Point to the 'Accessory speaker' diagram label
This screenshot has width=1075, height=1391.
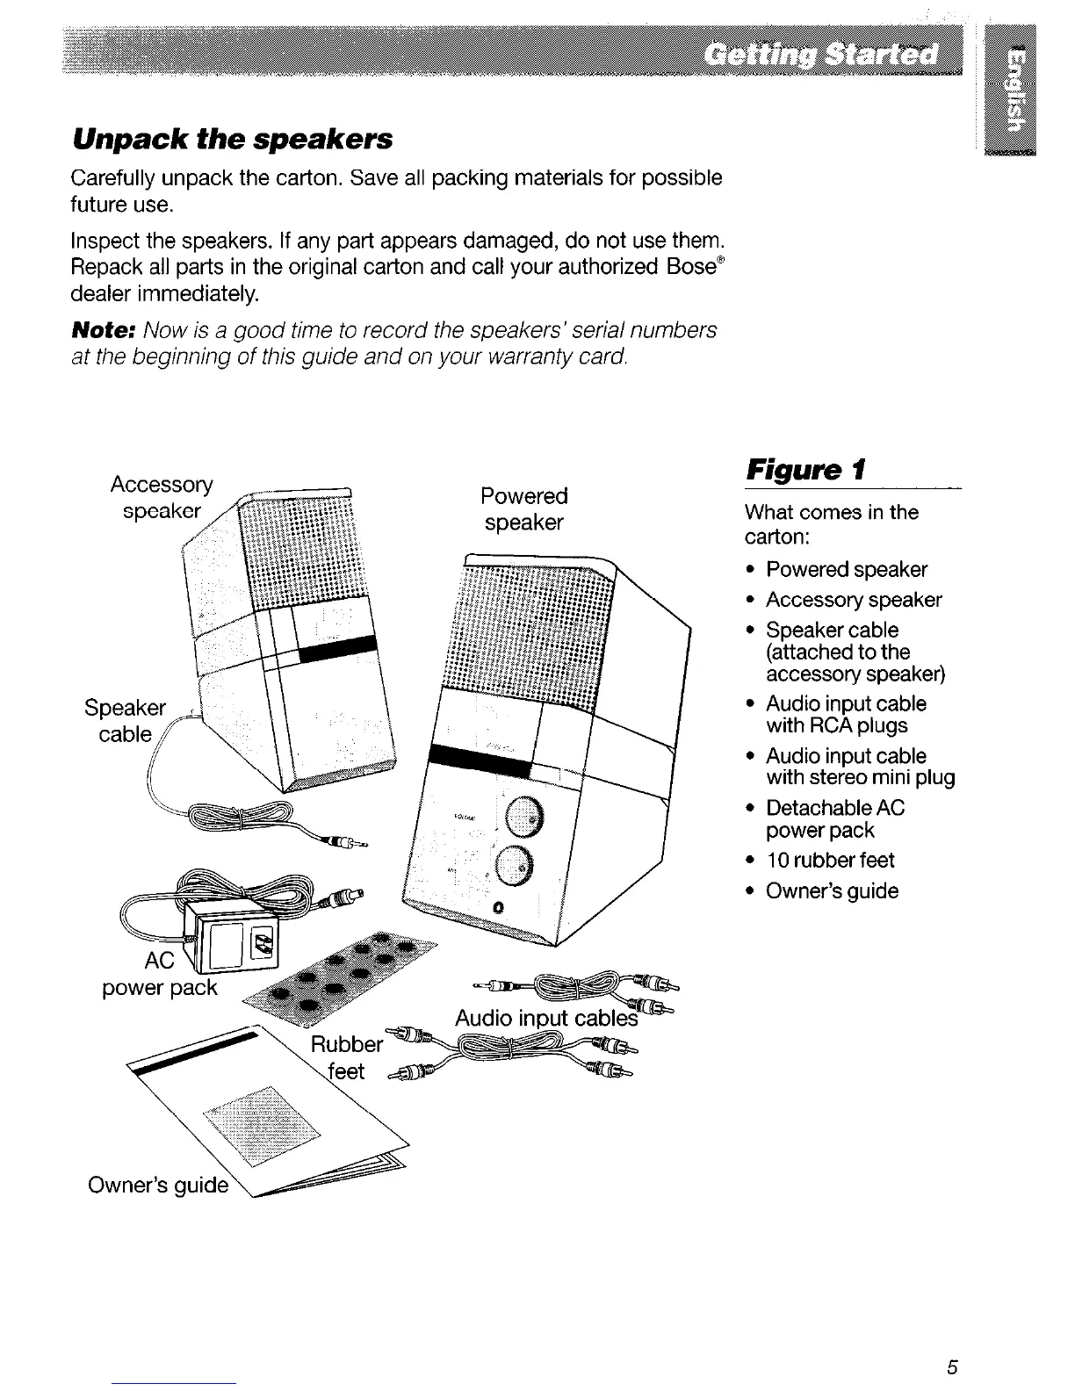tap(162, 498)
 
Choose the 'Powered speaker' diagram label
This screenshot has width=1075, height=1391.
tap(524, 509)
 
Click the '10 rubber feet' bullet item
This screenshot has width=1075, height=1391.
tap(829, 861)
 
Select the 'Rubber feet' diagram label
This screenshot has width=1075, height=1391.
tap(347, 1057)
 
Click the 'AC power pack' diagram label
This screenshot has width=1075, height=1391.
tap(160, 974)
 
